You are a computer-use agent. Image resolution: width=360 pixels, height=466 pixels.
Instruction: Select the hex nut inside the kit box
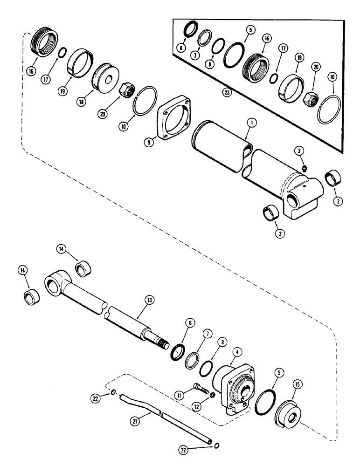pyautogui.click(x=310, y=98)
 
